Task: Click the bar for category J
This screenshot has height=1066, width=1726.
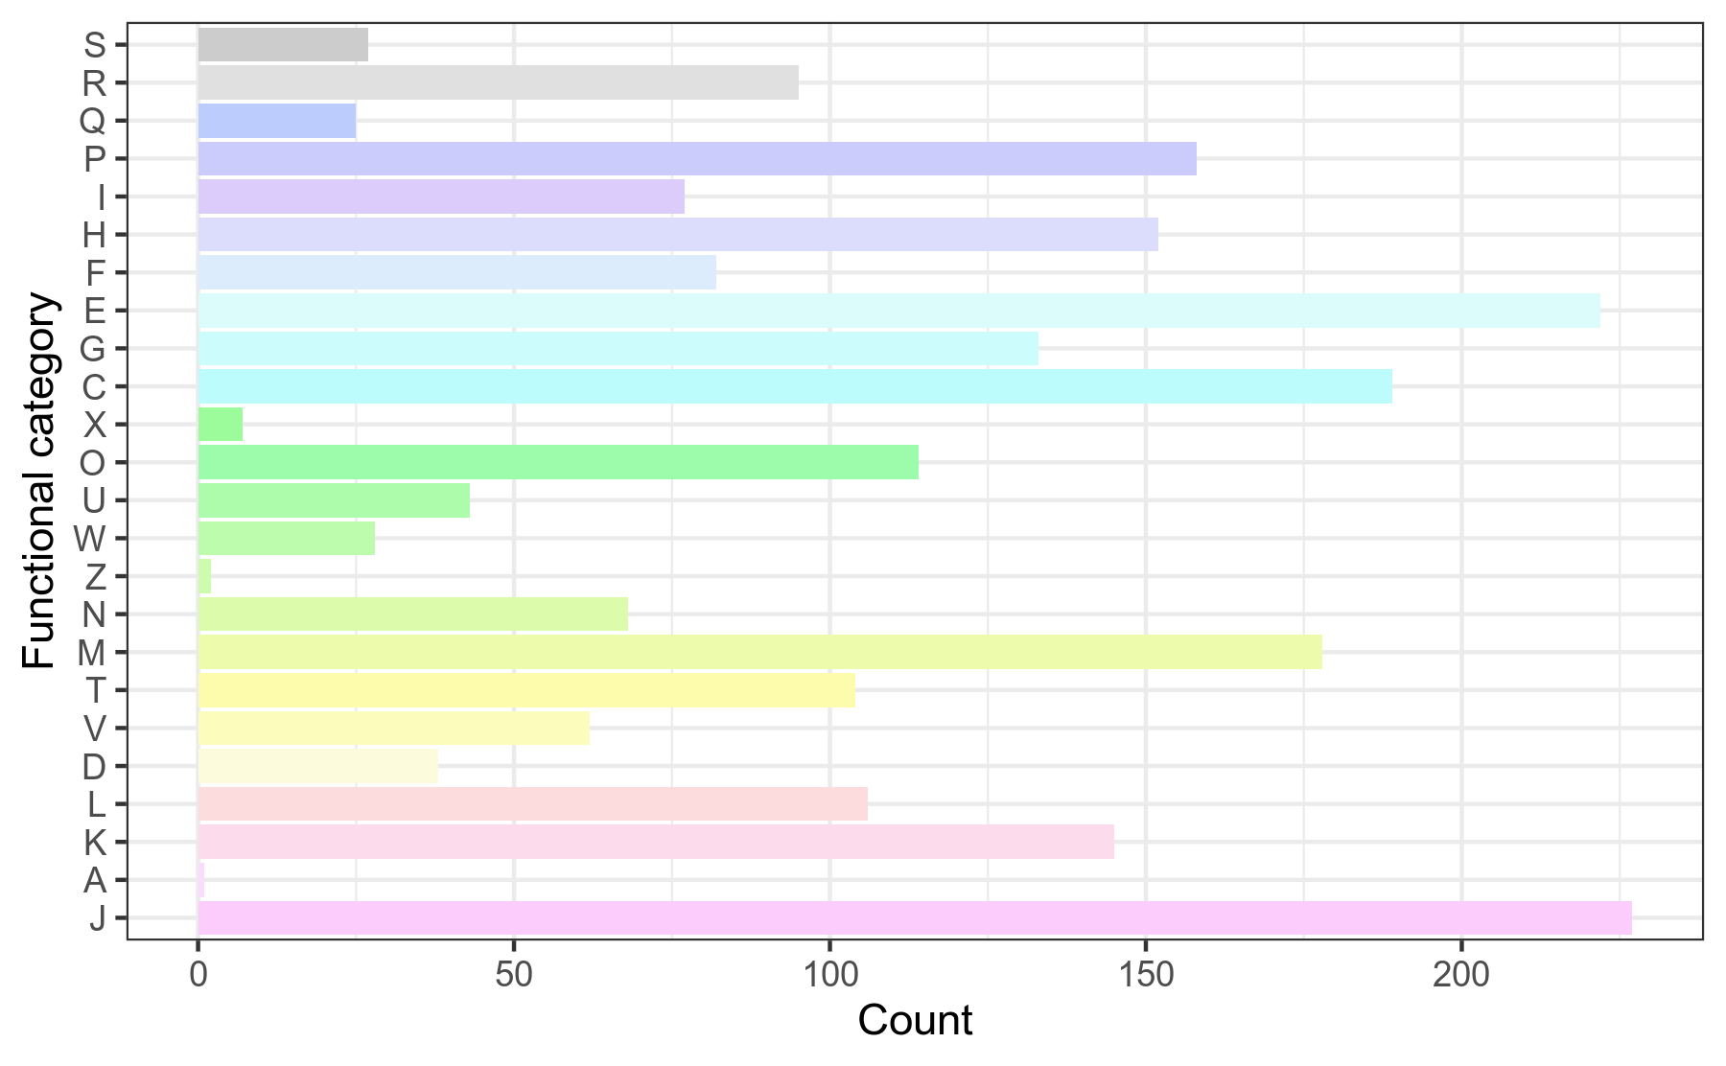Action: pyautogui.click(x=914, y=917)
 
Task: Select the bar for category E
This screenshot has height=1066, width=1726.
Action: pyautogui.click(x=898, y=311)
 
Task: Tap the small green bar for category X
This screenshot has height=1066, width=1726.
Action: pyautogui.click(x=221, y=424)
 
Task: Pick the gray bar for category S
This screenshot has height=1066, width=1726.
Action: pyautogui.click(x=283, y=45)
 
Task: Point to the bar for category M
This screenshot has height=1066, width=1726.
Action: pyautogui.click(x=759, y=652)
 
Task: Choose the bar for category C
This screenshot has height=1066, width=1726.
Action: pyautogui.click(x=795, y=386)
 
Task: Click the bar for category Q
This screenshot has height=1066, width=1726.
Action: pyautogui.click(x=277, y=121)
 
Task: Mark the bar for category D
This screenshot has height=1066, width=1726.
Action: pyautogui.click(x=318, y=766)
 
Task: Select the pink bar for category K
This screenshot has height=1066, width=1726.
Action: pyautogui.click(x=656, y=842)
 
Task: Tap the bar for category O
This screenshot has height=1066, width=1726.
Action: pyautogui.click(x=558, y=462)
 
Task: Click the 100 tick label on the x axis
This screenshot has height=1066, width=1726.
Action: pyautogui.click(x=829, y=975)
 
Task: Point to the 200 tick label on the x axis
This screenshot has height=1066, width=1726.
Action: pyautogui.click(x=1460, y=975)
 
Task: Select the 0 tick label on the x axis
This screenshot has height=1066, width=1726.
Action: pyautogui.click(x=198, y=975)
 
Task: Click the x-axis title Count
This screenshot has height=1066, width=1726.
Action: pyautogui.click(x=915, y=1021)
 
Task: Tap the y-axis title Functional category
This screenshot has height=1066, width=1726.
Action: pyautogui.click(x=40, y=481)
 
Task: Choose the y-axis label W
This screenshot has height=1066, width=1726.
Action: pyautogui.click(x=90, y=539)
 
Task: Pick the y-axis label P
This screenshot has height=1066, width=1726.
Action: pyautogui.click(x=94, y=159)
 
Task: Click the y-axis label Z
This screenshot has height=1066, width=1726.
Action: pyautogui.click(x=95, y=577)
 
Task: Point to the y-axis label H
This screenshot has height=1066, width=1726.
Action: pyautogui.click(x=94, y=235)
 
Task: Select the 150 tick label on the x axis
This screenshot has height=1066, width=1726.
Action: pyautogui.click(x=1145, y=975)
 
